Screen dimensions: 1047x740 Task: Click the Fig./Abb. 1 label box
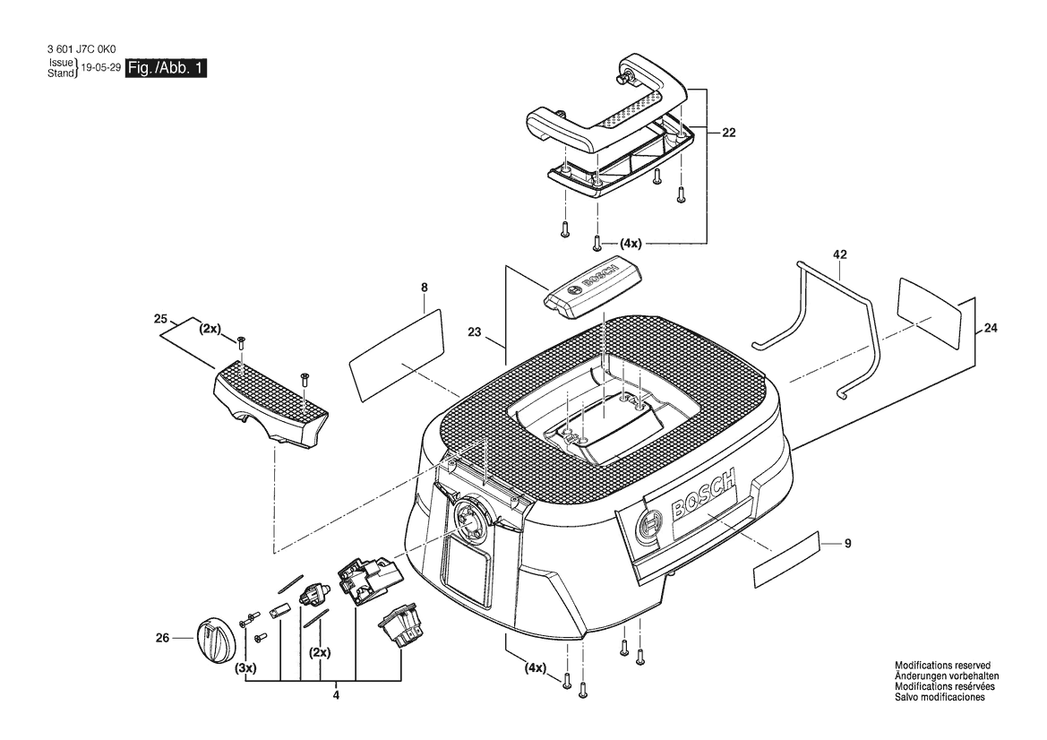point(166,68)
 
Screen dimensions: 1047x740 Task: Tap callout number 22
point(728,133)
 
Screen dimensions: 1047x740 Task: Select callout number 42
point(839,254)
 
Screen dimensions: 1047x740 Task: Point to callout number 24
point(991,328)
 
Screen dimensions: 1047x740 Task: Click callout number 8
point(425,288)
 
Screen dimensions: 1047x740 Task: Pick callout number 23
point(475,332)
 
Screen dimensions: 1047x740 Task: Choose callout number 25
point(161,319)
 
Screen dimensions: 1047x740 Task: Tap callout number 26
point(163,638)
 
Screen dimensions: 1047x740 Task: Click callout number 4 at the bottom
point(336,695)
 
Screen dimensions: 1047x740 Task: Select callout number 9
point(848,544)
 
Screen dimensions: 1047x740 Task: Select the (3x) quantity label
point(245,667)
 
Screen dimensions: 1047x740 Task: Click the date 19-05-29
point(100,68)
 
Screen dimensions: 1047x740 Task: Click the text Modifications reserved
point(942,666)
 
